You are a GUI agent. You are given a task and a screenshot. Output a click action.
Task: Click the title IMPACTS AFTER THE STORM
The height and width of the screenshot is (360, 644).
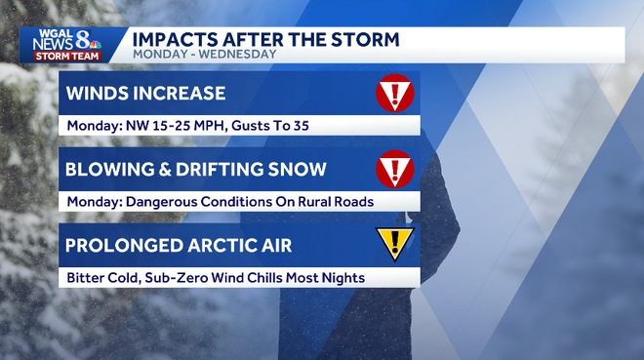point(265,39)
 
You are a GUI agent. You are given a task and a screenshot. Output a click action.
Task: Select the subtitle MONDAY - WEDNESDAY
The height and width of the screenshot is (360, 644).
point(204,55)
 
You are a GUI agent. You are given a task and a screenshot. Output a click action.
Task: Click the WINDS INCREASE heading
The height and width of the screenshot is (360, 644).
point(145,94)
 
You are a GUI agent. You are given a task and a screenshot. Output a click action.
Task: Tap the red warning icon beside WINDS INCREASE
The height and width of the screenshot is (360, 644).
point(395,93)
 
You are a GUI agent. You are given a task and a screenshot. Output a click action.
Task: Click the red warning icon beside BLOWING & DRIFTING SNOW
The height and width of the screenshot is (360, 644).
point(395,169)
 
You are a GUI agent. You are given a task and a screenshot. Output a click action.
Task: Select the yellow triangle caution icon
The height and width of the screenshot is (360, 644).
point(395,243)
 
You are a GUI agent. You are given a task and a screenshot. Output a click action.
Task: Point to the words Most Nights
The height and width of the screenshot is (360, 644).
point(325,278)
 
